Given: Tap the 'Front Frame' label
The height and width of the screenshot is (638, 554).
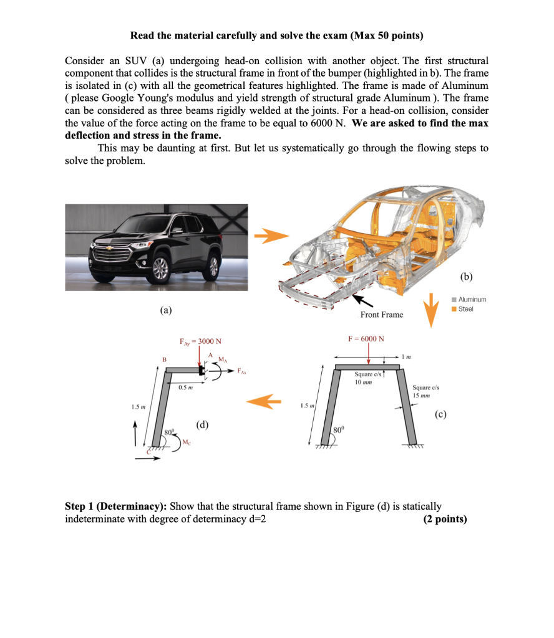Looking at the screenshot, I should click(x=382, y=315).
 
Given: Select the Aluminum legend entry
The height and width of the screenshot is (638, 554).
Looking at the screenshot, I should click(x=469, y=300).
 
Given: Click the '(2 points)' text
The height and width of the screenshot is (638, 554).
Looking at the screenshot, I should click(x=444, y=518).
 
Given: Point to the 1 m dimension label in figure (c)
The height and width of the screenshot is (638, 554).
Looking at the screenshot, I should click(x=409, y=356).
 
